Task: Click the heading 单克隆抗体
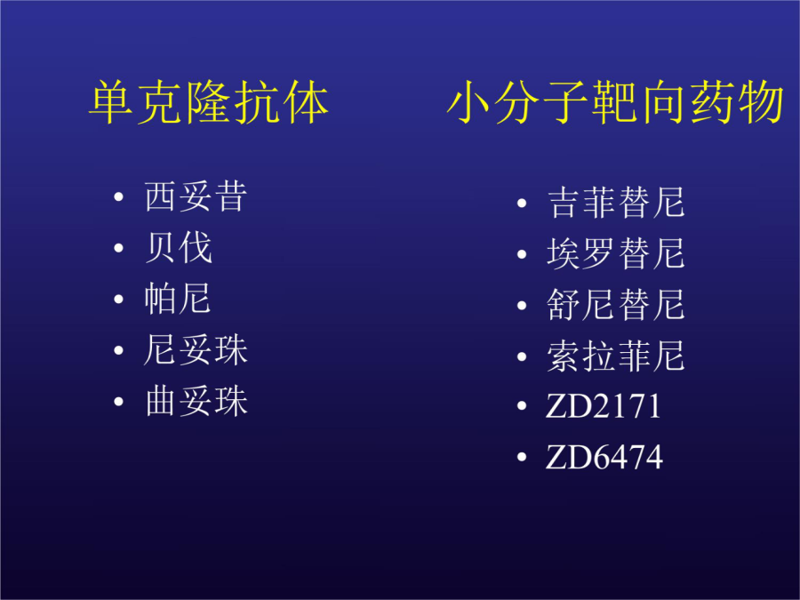(209, 102)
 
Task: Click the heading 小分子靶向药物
(615, 102)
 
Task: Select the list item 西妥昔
(196, 196)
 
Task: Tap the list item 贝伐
(179, 247)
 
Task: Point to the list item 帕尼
(178, 299)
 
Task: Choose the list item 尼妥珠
(196, 350)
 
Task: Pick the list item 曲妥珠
(196, 401)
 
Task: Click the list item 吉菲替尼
(616, 203)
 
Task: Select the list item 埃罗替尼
(616, 253)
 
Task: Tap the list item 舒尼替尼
(616, 305)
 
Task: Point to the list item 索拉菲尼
(616, 356)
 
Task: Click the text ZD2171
(604, 406)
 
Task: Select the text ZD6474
(604, 457)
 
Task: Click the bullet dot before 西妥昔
(119, 197)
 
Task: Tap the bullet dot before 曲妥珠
(119, 402)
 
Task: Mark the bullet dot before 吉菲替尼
(522, 203)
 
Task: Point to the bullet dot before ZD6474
(522, 457)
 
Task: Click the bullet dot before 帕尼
(119, 299)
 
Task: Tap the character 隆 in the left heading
(209, 102)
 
